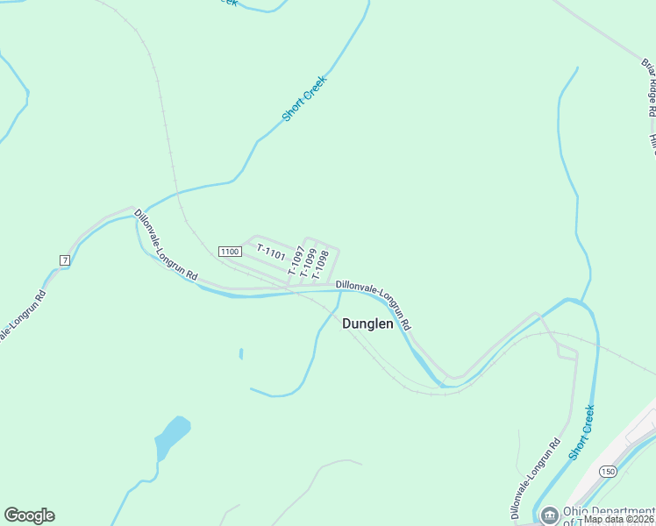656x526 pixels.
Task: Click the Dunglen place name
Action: coord(367,323)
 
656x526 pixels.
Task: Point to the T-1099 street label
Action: coord(310,262)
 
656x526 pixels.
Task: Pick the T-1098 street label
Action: coord(322,262)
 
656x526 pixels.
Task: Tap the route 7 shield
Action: coord(64,260)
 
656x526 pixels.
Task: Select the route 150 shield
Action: coord(608,472)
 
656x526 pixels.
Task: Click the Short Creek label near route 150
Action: coord(581,431)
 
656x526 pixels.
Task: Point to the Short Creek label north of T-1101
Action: coord(304,98)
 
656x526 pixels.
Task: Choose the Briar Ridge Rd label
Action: coord(649,88)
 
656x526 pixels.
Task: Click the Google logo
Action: coord(29,515)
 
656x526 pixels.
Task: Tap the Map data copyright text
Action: coord(619,519)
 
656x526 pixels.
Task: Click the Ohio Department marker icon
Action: coord(550,515)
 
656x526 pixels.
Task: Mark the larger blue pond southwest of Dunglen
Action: coord(172,436)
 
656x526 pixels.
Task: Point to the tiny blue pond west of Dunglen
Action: coord(240,354)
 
